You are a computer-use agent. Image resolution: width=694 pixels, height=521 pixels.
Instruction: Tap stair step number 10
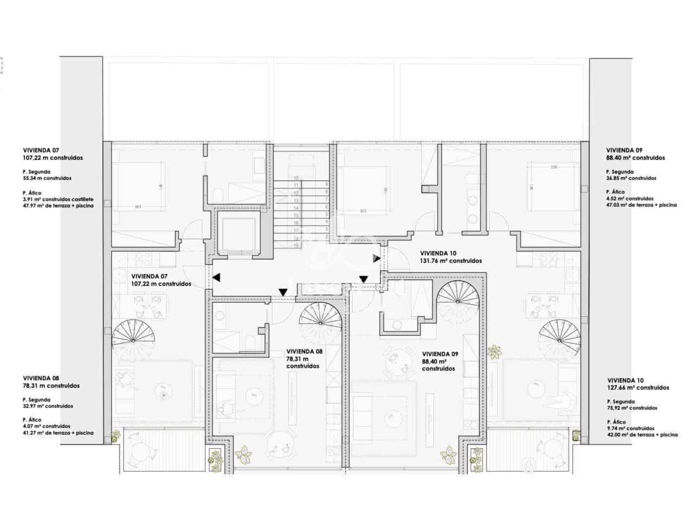point(297,177)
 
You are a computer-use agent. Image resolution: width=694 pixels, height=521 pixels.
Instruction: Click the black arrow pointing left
point(216,278)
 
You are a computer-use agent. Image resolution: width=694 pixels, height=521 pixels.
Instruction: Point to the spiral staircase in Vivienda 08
point(320,322)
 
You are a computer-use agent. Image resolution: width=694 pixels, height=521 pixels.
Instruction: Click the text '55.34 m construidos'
point(47,178)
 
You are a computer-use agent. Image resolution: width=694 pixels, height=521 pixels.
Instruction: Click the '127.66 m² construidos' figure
point(638,388)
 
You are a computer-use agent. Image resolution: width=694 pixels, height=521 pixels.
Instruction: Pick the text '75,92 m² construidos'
point(632,408)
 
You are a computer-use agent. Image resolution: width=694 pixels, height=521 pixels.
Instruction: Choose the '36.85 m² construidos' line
point(632,178)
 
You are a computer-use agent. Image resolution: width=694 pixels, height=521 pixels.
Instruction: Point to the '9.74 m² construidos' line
point(631,428)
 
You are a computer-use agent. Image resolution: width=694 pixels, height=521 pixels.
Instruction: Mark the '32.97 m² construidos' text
point(48,406)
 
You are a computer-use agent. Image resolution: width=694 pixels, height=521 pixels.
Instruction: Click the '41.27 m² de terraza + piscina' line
point(58,433)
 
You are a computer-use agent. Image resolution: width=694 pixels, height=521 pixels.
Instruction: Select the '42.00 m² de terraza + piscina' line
point(642,435)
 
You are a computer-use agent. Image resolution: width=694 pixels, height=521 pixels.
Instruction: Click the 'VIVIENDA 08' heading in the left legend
point(41,378)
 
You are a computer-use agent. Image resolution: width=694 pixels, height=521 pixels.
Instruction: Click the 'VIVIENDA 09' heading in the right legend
point(625,150)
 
